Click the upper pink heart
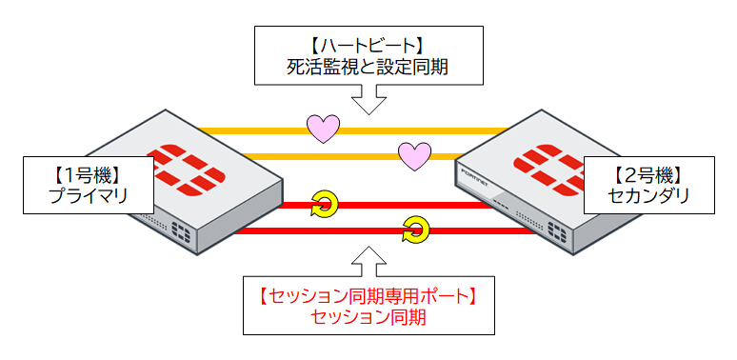point(322,129)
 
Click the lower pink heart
point(414,155)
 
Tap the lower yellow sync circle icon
point(415,229)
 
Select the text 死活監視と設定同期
point(367,68)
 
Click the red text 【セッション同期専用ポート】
point(367,295)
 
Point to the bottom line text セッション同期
point(367,317)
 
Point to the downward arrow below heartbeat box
point(367,98)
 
